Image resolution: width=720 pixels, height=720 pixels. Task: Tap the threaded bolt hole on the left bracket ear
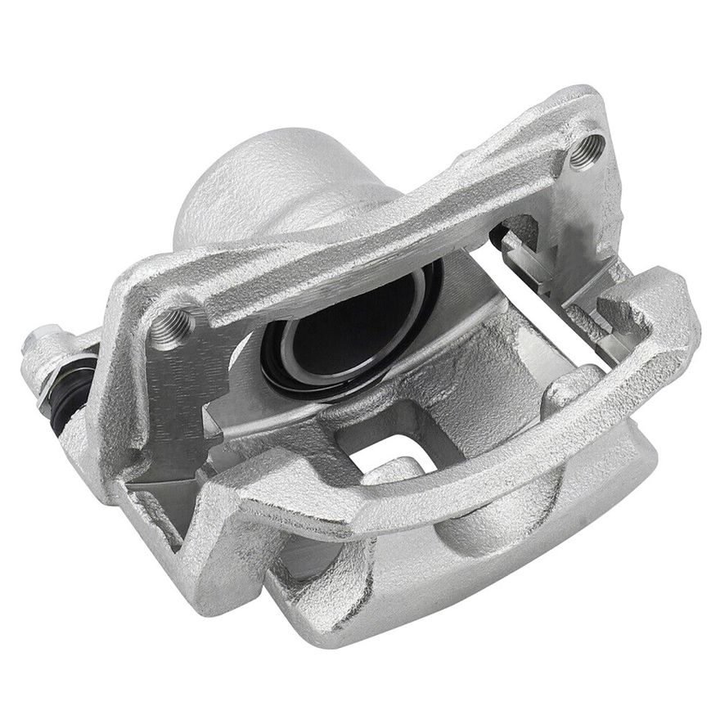pyautogui.click(x=173, y=326)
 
